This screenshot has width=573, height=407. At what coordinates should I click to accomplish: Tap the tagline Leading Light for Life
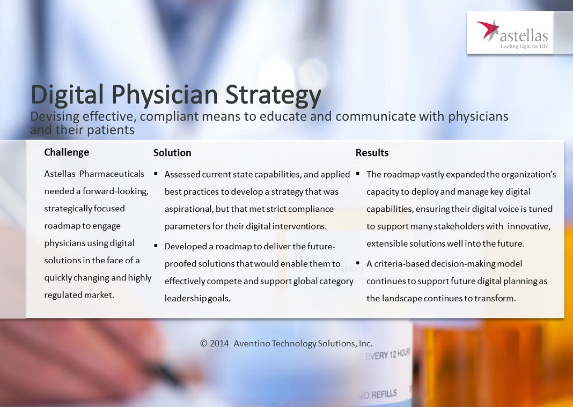tap(524, 47)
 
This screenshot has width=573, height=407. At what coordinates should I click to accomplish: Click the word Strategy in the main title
tap(273, 94)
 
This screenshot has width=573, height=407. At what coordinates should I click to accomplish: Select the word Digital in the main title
tap(67, 94)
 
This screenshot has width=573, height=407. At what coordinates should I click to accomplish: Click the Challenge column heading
tap(67, 152)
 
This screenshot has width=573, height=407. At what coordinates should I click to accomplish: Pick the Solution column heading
tap(172, 152)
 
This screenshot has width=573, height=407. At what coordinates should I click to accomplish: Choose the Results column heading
tap(372, 152)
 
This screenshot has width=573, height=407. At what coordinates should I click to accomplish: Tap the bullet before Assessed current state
tap(156, 174)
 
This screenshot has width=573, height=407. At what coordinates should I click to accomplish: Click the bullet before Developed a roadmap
tap(156, 246)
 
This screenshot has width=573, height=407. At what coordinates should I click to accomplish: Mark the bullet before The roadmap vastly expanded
tap(358, 174)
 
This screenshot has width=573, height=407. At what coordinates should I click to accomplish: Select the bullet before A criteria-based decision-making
tap(358, 263)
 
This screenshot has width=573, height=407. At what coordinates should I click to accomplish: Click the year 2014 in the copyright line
tap(219, 343)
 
